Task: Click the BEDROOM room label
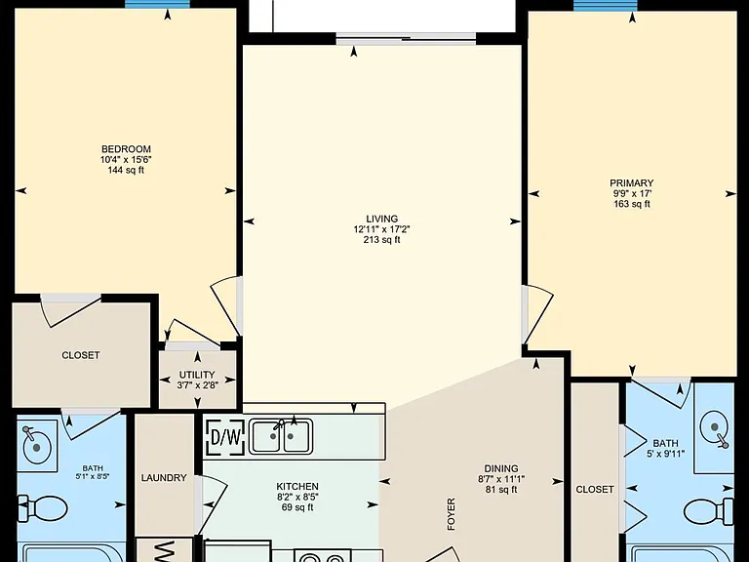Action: click(126, 149)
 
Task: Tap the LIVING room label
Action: click(382, 219)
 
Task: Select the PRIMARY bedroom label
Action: click(632, 183)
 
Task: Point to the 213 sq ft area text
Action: click(382, 240)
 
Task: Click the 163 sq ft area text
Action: click(632, 204)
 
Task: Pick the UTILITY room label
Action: click(197, 375)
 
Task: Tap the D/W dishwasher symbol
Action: click(225, 437)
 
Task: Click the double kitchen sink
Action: click(282, 436)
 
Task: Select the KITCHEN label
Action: click(297, 487)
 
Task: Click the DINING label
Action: click(501, 468)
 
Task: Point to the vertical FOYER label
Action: click(451, 514)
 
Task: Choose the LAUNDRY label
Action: click(164, 478)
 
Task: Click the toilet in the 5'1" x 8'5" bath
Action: click(43, 508)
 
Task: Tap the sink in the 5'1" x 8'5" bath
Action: click(36, 445)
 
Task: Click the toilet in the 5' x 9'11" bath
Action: click(709, 511)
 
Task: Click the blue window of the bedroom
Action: click(158, 4)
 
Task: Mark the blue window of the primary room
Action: click(606, 5)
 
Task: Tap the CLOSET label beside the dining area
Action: click(595, 490)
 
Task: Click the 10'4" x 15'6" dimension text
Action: click(126, 160)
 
